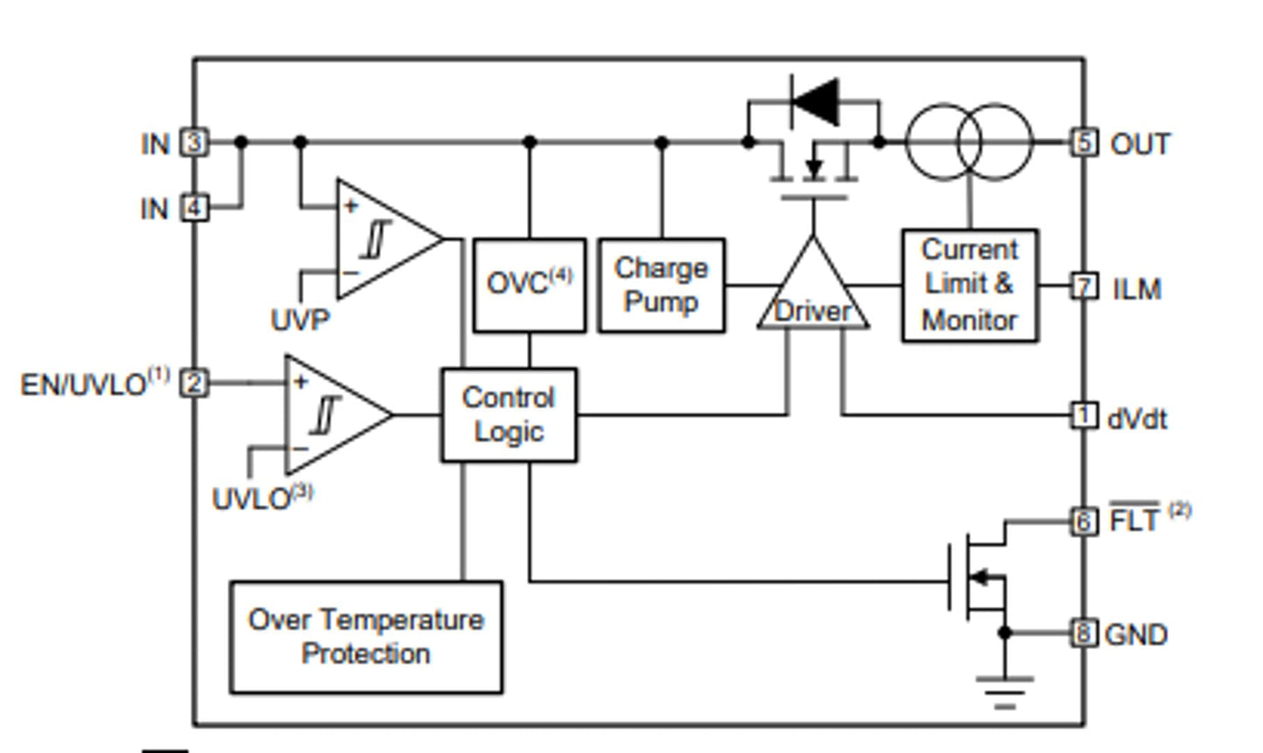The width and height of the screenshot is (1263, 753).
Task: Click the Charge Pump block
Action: [661, 285]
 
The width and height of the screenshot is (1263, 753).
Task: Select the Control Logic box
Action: [508, 415]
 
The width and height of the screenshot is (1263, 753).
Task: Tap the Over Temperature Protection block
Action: [365, 637]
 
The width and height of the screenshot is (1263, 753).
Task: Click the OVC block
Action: [529, 285]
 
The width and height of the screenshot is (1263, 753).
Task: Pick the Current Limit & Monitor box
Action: [969, 285]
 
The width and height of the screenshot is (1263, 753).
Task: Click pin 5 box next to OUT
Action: [1084, 142]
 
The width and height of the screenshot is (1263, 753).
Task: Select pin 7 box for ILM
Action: [1084, 286]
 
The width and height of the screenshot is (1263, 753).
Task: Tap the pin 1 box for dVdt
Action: [1084, 415]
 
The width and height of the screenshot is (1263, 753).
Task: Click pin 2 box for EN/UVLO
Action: [195, 383]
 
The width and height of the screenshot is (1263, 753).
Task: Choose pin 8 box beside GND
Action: [1084, 632]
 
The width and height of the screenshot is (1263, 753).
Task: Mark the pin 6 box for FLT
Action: [1084, 522]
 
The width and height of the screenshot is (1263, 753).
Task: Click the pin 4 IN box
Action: [195, 208]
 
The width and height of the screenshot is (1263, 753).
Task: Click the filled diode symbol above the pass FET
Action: [815, 101]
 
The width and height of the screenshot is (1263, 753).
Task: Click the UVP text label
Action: [300, 320]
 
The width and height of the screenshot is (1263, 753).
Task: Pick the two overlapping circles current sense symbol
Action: [968, 142]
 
